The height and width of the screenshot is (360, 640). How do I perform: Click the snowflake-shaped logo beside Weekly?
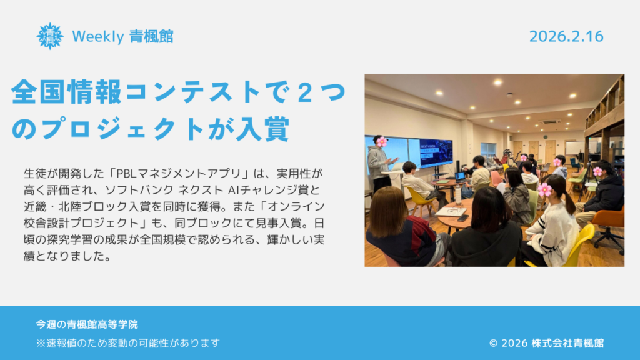pyautogui.click(x=50, y=36)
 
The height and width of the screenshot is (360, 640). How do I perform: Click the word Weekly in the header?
pyautogui.click(x=98, y=37)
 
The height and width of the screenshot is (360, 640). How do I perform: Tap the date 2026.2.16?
pyautogui.click(x=566, y=37)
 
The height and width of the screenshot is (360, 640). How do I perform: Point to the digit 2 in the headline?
pyautogui.click(x=305, y=92)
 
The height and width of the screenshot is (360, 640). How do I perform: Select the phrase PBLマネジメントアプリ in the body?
pyautogui.click(x=179, y=174)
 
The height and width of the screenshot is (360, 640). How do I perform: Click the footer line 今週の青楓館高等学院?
pyautogui.click(x=87, y=324)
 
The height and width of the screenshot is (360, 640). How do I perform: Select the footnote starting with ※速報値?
pyautogui.click(x=128, y=343)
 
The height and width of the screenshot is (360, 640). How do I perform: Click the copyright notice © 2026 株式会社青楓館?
pyautogui.click(x=546, y=343)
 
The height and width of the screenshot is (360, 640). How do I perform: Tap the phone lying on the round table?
pyautogui.click(x=463, y=218)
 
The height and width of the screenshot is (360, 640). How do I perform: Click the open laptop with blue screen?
pyautogui.click(x=460, y=176)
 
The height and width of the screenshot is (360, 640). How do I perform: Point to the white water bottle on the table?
pyautogui.click(x=458, y=196)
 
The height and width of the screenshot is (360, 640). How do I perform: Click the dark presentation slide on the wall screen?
pyautogui.click(x=436, y=152)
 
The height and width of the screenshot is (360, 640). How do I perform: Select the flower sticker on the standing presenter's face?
pyautogui.click(x=382, y=142)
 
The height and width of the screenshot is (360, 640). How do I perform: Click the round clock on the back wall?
pyautogui.click(x=545, y=137)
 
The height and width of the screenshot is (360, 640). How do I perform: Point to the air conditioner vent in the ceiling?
pyautogui.click(x=549, y=122)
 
